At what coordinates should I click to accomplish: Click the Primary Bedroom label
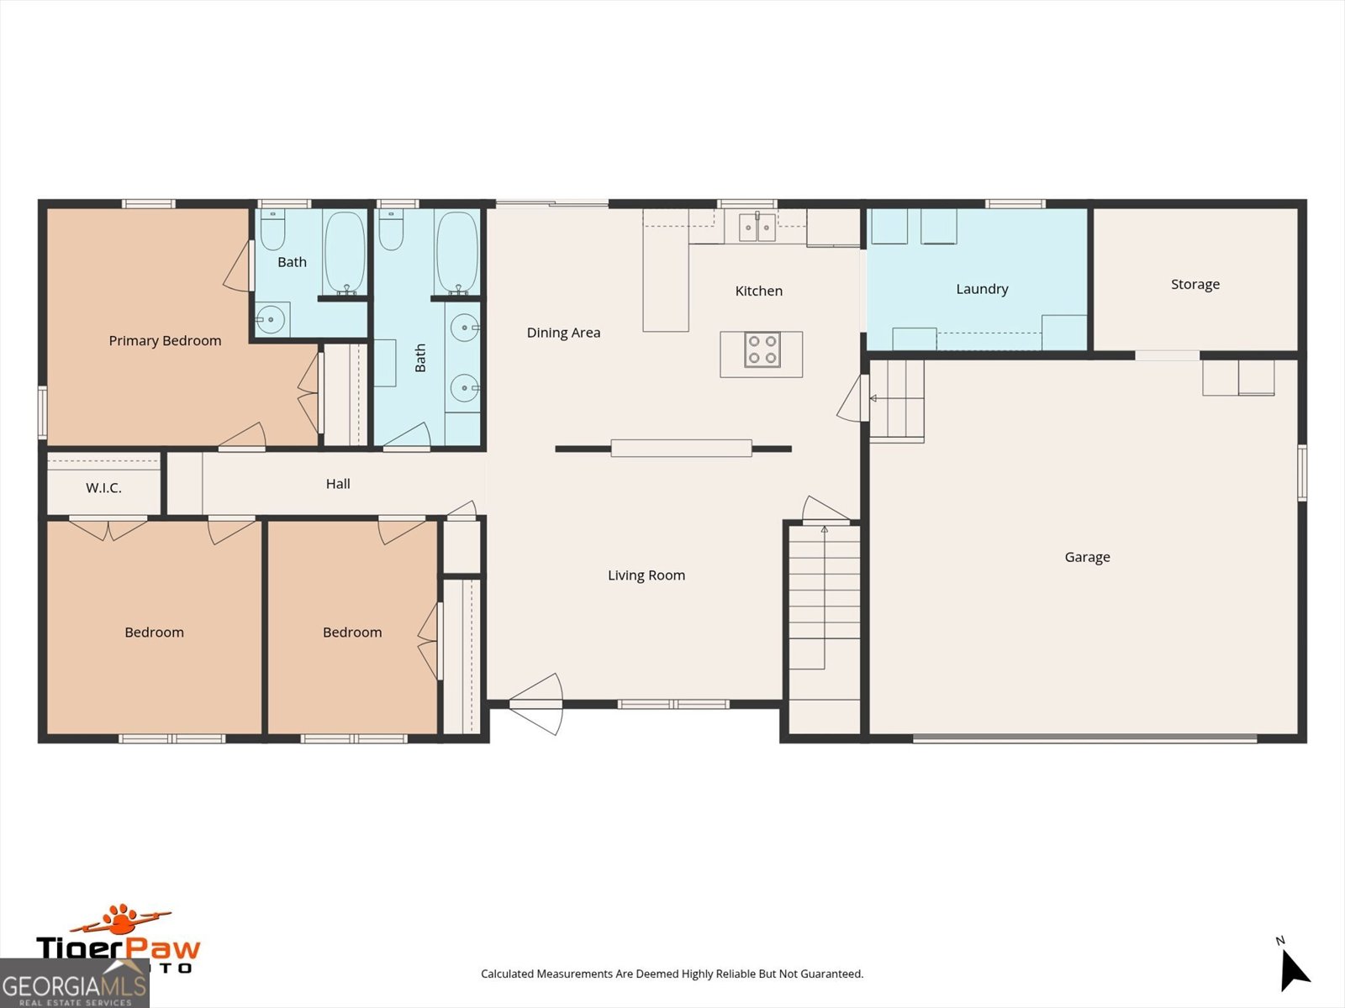[165, 340]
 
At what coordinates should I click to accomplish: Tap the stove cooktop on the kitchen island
[762, 350]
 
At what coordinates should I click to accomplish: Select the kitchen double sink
[757, 227]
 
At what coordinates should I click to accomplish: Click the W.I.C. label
[103, 488]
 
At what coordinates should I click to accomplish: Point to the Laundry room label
[982, 289]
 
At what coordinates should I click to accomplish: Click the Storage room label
[1195, 285]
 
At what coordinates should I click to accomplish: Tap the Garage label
[1087, 557]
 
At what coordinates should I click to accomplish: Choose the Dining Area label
[563, 333]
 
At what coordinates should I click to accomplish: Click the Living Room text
[646, 575]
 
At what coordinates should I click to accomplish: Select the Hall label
[338, 484]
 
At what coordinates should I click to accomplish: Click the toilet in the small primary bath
[272, 231]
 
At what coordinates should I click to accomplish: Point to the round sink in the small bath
[271, 320]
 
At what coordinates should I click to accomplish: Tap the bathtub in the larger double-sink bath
[457, 252]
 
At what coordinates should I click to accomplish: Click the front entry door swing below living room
[538, 704]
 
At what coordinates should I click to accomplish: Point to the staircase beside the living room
[824, 605]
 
